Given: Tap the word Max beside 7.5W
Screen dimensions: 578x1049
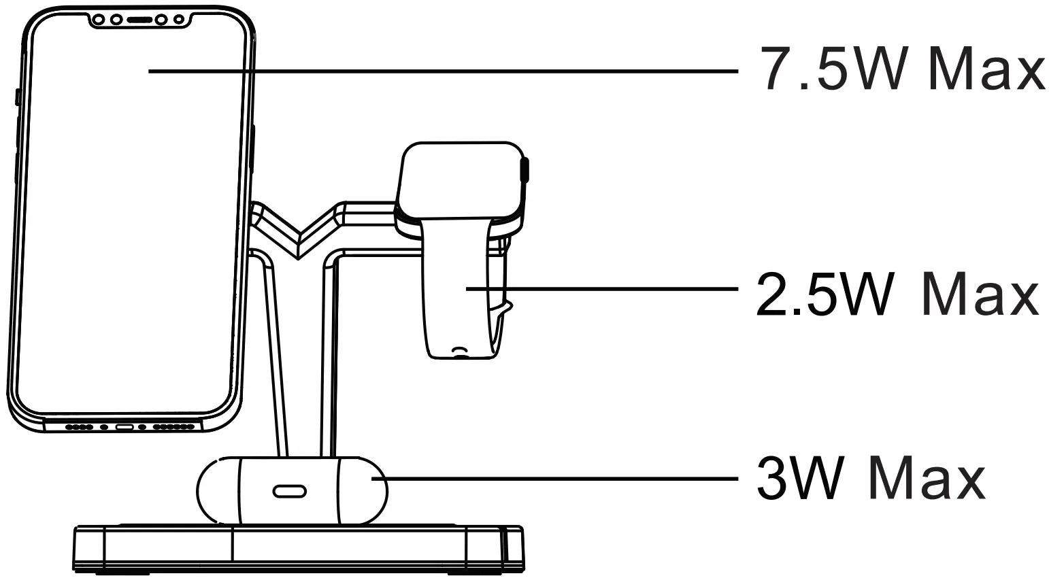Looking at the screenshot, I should [x=986, y=69].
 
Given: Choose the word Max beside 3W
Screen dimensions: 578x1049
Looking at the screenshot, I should [x=929, y=478].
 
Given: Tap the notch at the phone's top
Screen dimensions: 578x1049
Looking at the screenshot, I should [x=139, y=21].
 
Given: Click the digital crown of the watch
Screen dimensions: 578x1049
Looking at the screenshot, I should [x=524, y=169].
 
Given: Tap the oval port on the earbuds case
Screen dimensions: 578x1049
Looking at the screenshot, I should [x=289, y=491].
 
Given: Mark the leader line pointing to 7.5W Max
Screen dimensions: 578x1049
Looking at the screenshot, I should [x=442, y=70].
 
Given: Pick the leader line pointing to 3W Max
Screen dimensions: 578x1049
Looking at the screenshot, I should [x=558, y=479].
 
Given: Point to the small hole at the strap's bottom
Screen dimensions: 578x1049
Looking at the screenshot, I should [x=461, y=352].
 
